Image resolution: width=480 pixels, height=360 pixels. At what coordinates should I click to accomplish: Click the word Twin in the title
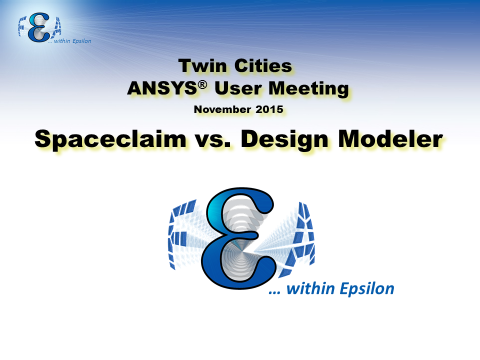(x=202, y=66)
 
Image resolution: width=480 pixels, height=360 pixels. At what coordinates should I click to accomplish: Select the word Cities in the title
(x=263, y=66)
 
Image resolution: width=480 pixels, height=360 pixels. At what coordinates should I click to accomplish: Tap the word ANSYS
(x=162, y=88)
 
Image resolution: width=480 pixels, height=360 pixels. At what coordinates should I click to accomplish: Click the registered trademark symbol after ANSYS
(x=202, y=85)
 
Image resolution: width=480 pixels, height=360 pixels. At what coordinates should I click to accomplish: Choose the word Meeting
(x=308, y=89)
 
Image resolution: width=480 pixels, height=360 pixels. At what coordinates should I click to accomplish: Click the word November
(x=222, y=109)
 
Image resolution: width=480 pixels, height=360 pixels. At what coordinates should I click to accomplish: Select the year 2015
(x=269, y=109)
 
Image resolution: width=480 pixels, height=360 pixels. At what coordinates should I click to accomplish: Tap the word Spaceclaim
(x=110, y=139)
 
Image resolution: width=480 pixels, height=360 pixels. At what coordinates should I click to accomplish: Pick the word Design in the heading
(x=284, y=140)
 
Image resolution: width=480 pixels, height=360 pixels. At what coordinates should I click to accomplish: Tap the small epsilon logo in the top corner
(x=39, y=27)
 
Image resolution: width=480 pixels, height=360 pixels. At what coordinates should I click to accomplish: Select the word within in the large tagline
(x=310, y=288)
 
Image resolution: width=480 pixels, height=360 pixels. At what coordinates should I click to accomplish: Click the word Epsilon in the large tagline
(x=367, y=289)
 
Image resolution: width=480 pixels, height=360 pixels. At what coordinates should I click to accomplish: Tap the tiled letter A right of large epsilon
(x=301, y=239)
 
